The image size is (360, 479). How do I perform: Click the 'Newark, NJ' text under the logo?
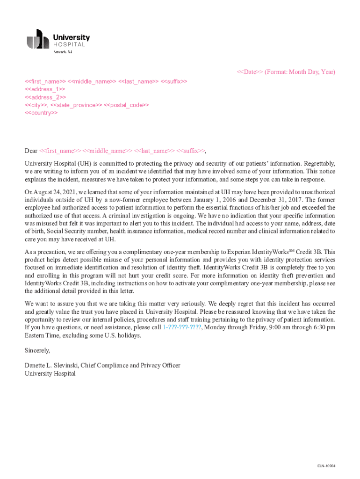point(63,52)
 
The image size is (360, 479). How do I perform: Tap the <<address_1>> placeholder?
point(45,89)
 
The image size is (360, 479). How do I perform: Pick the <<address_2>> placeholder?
point(45,97)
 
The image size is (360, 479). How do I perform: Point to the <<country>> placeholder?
point(41,113)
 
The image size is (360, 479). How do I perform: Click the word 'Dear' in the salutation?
point(31,151)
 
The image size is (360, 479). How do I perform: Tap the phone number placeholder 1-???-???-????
point(182,327)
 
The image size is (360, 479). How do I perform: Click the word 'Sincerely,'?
point(37,350)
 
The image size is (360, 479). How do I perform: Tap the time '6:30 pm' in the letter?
point(324,327)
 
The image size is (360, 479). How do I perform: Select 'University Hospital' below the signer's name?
point(50,373)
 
